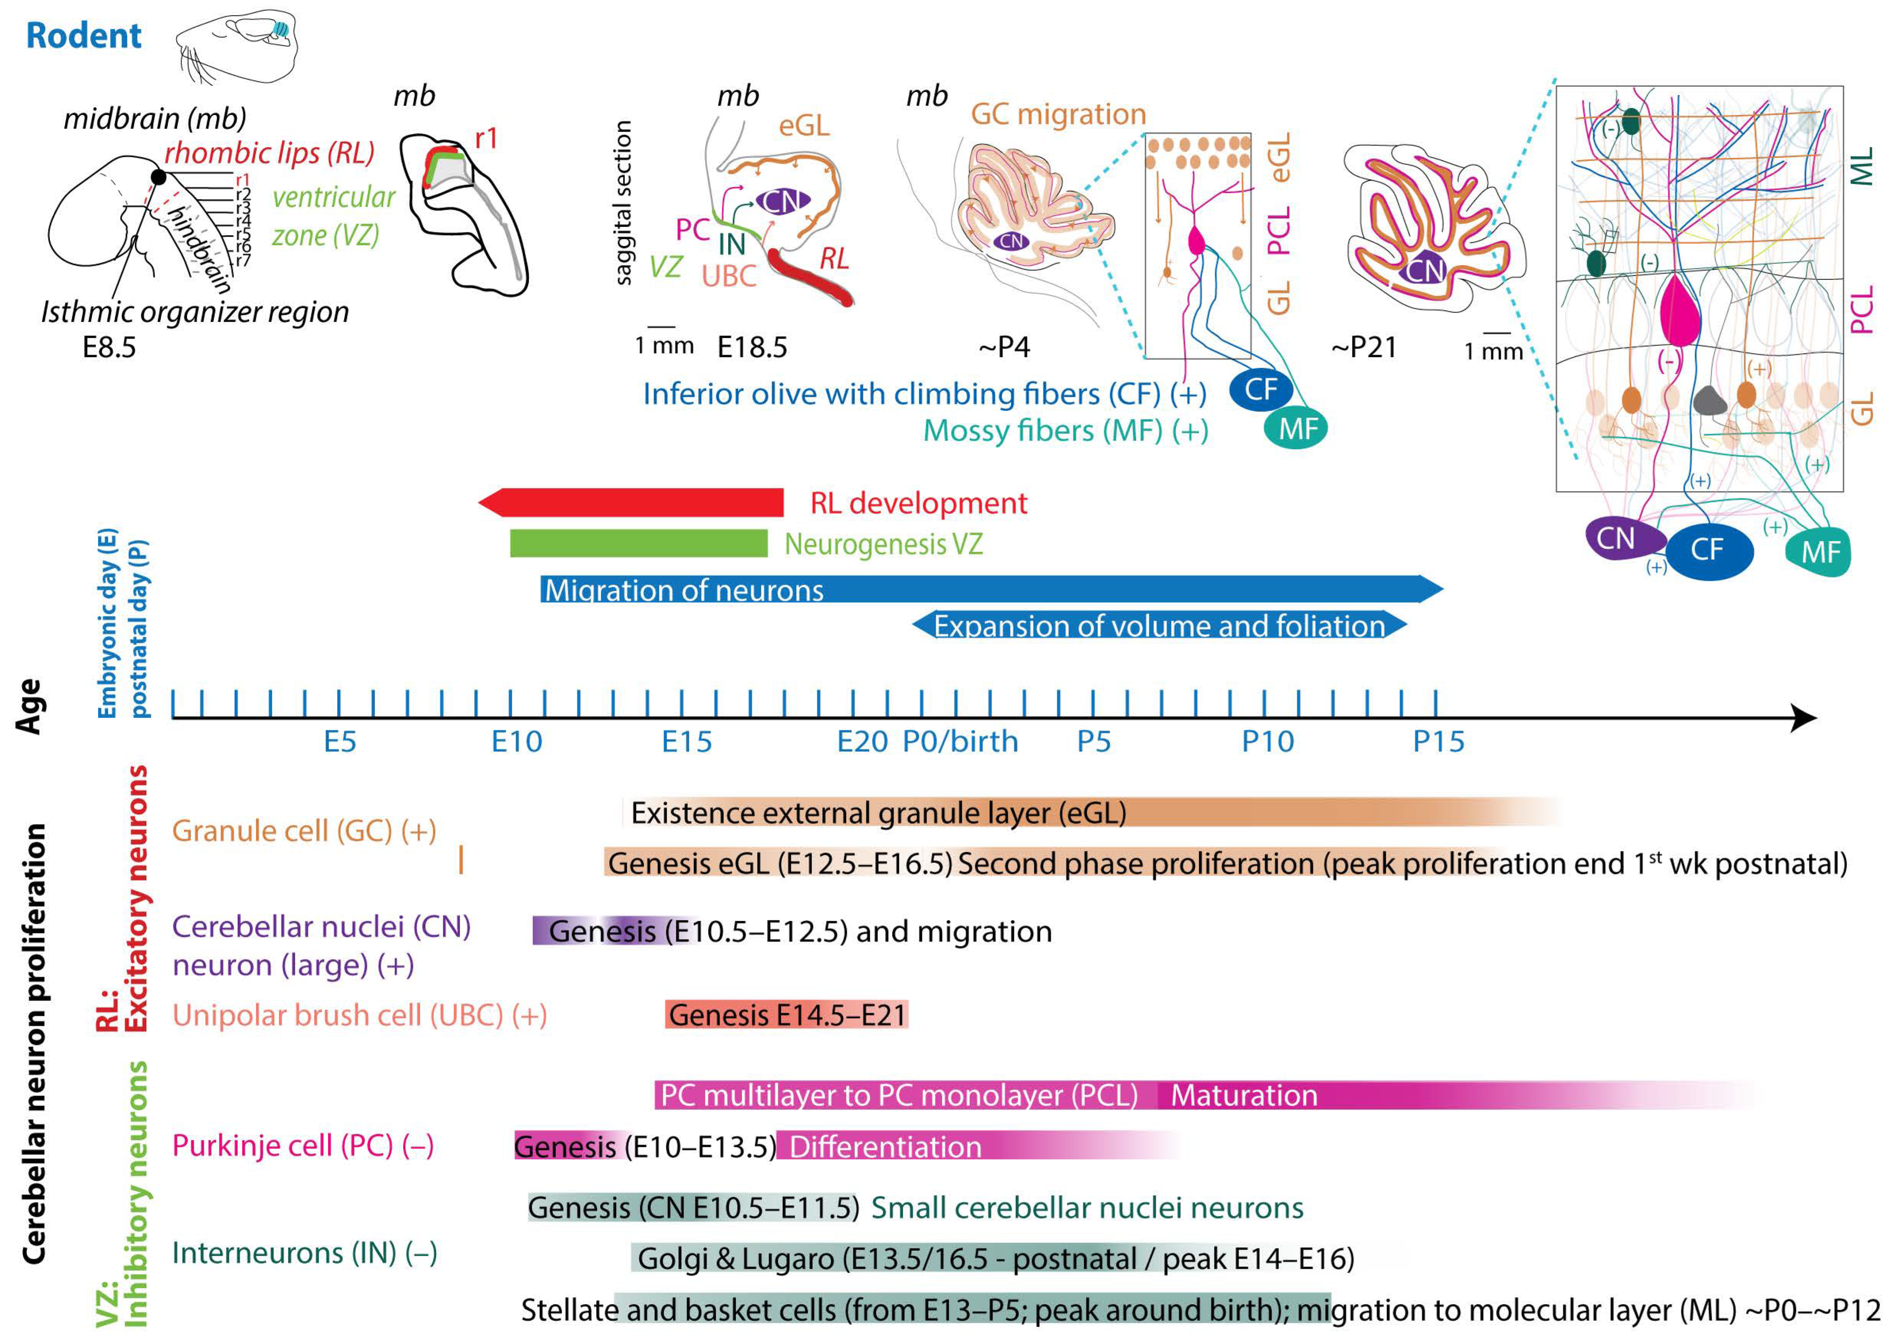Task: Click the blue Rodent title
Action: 83,36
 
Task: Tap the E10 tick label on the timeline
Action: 516,742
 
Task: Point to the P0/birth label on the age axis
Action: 960,742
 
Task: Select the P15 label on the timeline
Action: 1438,742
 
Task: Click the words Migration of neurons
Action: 684,590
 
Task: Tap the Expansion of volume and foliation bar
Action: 1158,625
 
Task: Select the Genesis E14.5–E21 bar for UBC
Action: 786,1015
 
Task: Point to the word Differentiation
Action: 885,1147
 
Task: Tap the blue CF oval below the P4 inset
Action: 1261,389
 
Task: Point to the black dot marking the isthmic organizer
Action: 158,177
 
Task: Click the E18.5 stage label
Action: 751,347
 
